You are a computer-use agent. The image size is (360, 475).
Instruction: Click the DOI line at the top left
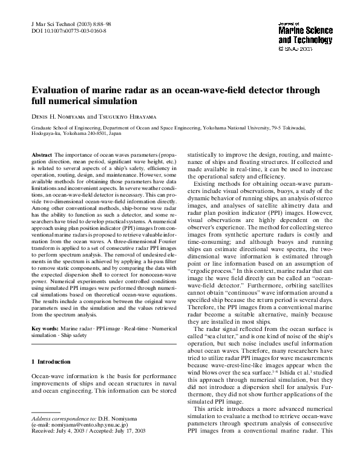click(x=68, y=30)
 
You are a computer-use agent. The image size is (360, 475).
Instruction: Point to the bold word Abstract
click(x=42, y=156)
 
